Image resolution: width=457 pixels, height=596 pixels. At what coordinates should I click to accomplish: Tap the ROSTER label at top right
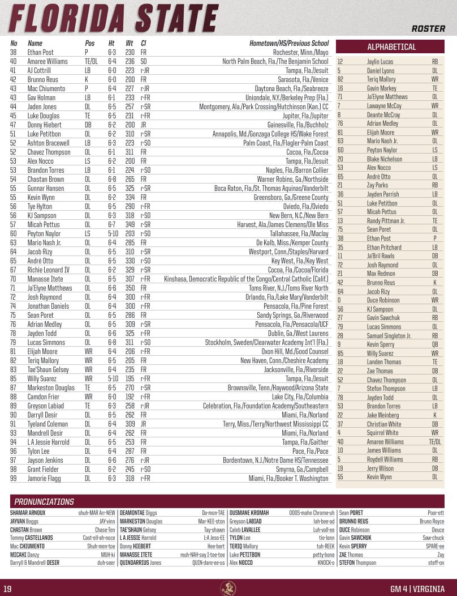[x=428, y=28]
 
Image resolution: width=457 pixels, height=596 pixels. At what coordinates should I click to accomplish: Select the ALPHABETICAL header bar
[x=391, y=47]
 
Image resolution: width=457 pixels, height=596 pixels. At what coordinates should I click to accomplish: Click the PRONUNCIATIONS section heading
[x=44, y=501]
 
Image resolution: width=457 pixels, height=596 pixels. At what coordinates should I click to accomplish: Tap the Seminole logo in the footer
[x=228, y=588]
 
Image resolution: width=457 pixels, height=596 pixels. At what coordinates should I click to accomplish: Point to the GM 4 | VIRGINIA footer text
[x=417, y=589]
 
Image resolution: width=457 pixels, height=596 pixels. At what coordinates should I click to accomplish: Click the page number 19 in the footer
[x=7, y=589]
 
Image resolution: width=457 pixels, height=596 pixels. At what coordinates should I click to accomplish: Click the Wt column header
[x=129, y=43]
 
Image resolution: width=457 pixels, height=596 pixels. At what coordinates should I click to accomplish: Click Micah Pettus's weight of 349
[x=130, y=224]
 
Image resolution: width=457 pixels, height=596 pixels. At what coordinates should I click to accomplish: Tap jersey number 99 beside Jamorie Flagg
[x=14, y=478]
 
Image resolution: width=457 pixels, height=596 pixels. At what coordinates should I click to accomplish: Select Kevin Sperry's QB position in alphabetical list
[x=434, y=344]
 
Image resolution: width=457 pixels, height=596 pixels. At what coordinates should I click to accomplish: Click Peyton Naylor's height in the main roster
[x=113, y=233]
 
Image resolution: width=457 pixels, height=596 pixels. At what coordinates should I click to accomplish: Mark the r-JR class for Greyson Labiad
[x=145, y=406]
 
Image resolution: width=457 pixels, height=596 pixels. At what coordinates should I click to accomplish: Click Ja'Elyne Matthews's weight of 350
[x=130, y=288]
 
